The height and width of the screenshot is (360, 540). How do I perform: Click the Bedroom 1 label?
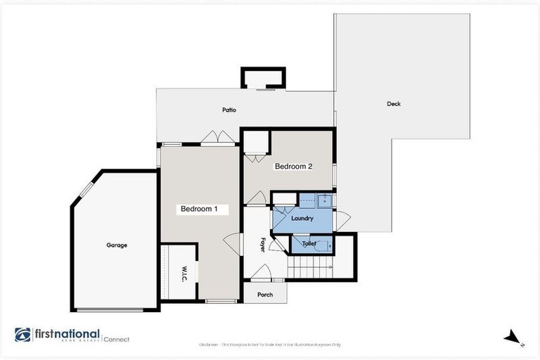point(204,209)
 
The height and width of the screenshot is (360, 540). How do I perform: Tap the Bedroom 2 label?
point(293,167)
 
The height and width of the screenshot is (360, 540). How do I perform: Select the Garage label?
point(117,245)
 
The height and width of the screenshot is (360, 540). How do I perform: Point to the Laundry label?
point(302,219)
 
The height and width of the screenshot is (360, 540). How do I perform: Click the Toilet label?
point(309,243)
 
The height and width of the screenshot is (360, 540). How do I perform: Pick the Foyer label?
point(263,245)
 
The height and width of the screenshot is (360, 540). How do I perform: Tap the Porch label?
point(264,295)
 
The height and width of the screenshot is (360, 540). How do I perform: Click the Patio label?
point(229,110)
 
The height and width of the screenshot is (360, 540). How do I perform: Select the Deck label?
point(394,104)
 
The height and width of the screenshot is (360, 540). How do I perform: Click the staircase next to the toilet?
point(311,267)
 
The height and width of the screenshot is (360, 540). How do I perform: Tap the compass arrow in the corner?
point(513,337)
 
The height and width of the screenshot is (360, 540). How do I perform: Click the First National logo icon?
point(22,335)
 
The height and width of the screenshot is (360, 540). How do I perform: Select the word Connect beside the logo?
point(117,339)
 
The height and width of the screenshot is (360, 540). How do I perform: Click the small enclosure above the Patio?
point(263,77)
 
